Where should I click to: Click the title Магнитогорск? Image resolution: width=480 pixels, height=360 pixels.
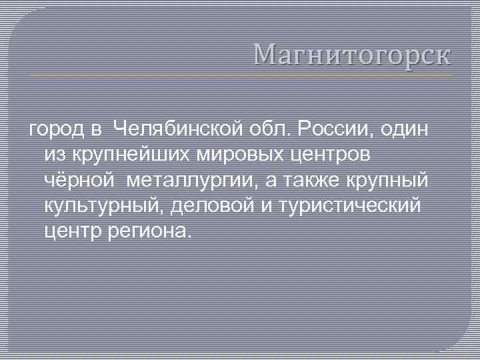point(352,54)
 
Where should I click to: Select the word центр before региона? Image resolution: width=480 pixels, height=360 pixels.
point(73,232)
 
